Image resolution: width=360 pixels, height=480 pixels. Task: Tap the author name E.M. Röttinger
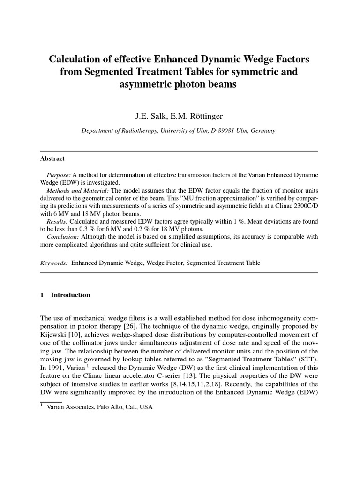[x=197, y=115]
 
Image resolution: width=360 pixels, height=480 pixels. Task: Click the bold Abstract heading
[x=52, y=159]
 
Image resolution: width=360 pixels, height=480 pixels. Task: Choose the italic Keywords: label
[x=54, y=263]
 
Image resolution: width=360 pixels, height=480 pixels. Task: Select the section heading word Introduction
[x=70, y=295]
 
